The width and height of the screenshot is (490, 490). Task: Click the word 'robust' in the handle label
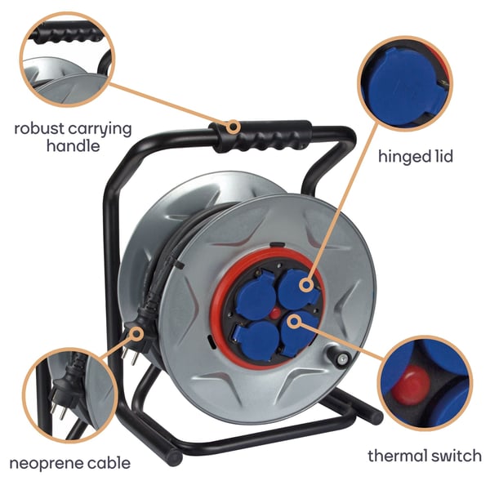click(39, 128)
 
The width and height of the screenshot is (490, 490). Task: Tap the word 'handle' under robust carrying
click(73, 146)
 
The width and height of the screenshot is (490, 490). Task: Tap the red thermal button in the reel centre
click(274, 313)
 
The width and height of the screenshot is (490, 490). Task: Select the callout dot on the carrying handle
click(233, 127)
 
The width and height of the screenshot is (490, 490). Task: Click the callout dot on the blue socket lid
click(306, 285)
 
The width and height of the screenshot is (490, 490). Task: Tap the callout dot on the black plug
click(136, 334)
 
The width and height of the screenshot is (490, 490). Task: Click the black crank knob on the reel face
click(338, 355)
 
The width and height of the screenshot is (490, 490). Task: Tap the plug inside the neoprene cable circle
click(65, 390)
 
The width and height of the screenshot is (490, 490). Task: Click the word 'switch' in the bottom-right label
click(457, 456)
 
